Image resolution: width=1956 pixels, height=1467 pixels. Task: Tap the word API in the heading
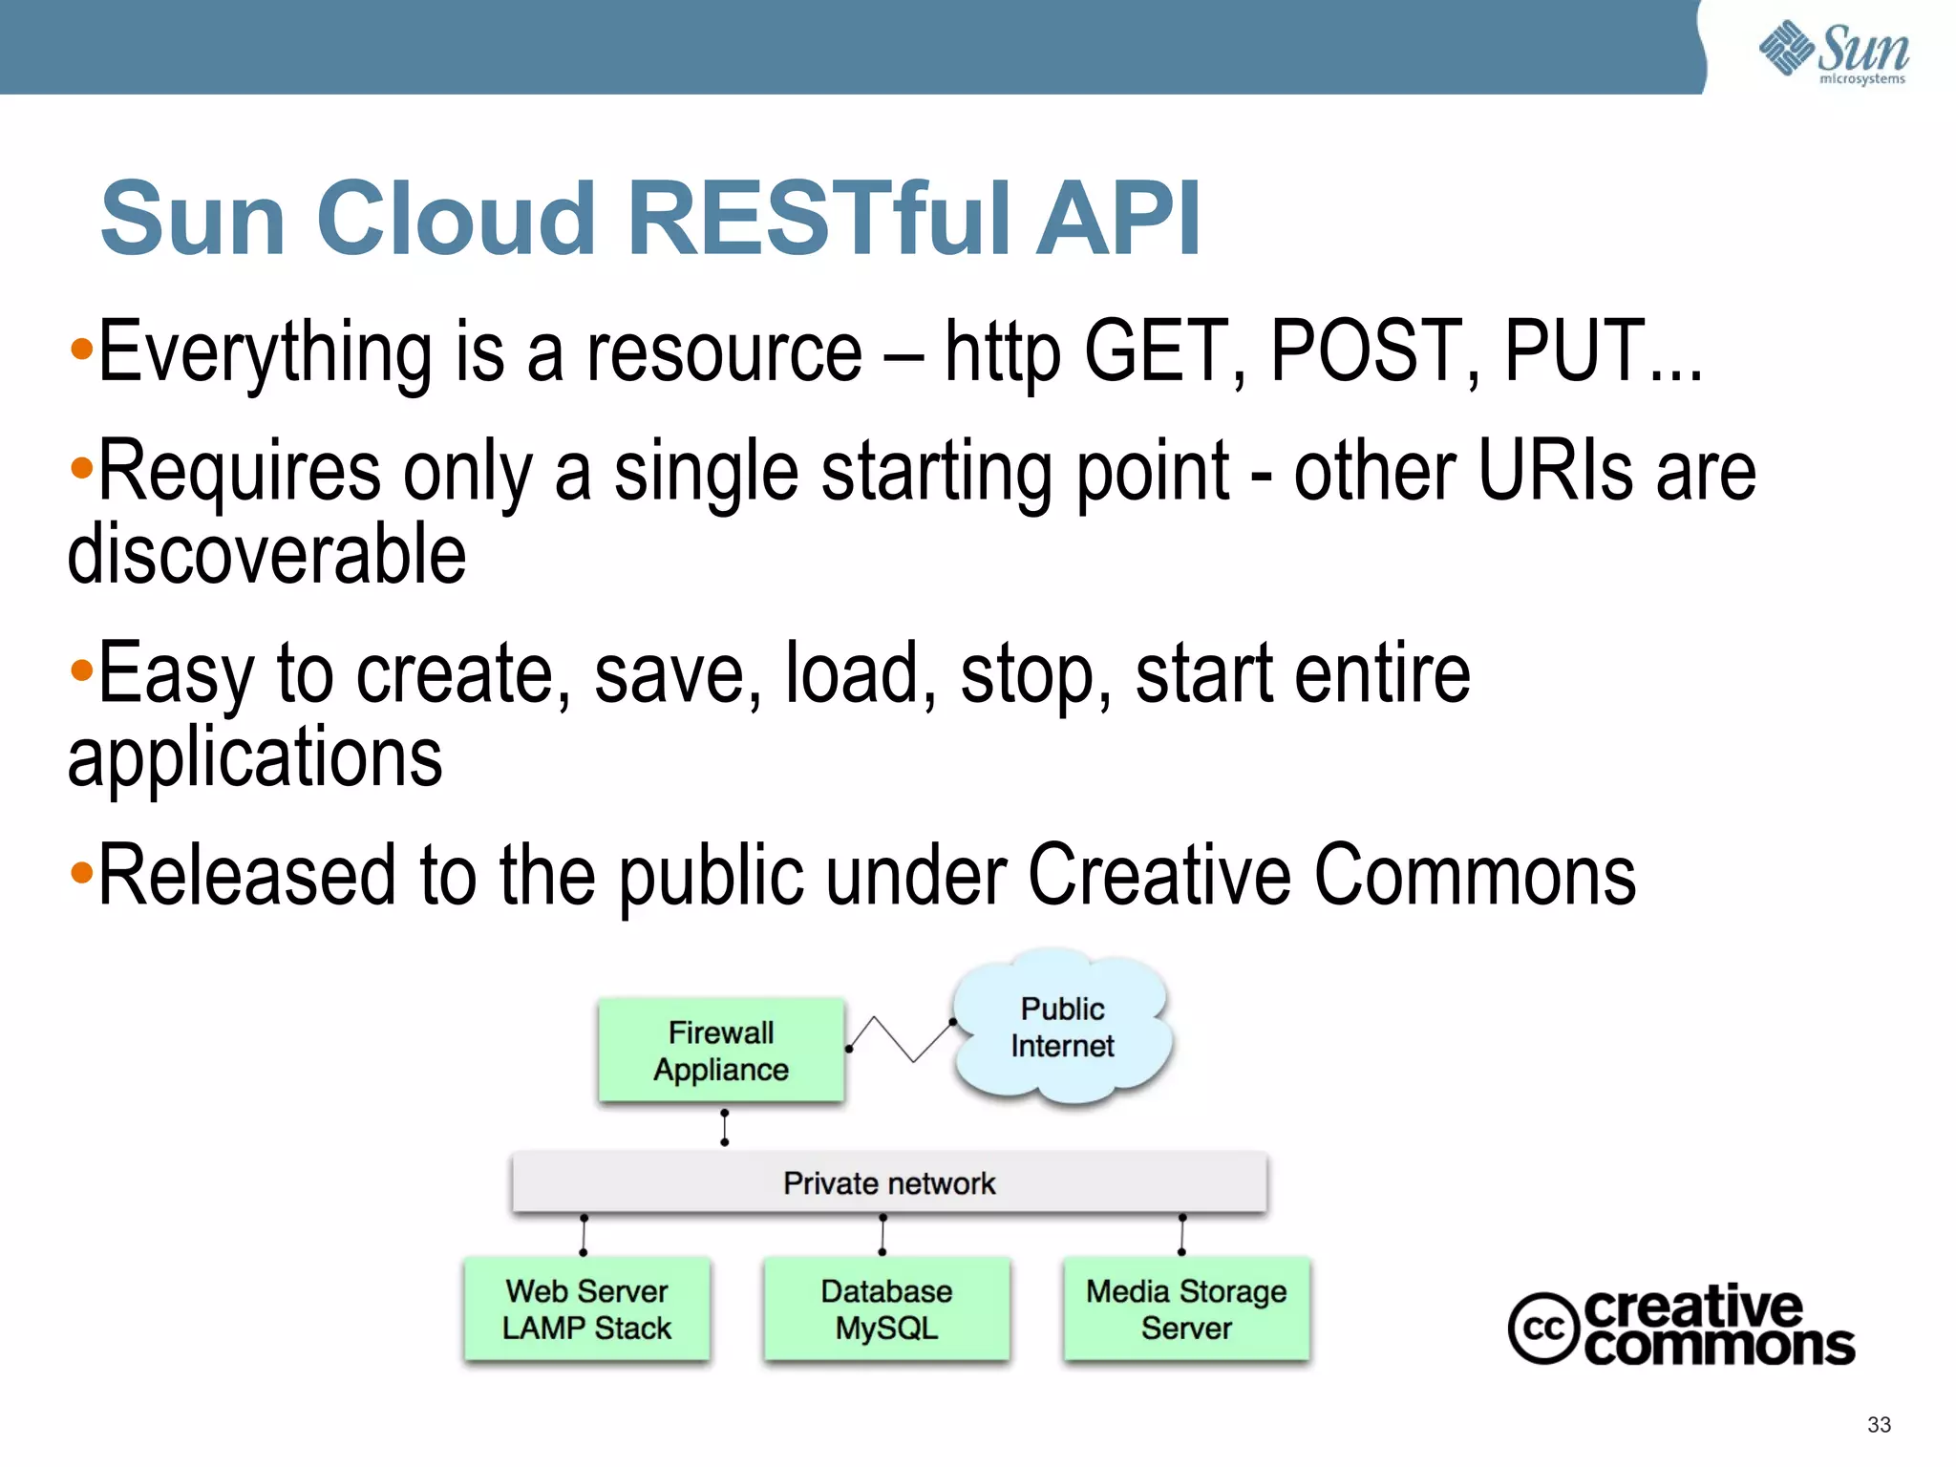coord(1118,219)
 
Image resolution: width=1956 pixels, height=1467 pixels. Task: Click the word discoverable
coord(266,555)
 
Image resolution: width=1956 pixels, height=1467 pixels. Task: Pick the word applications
coord(255,756)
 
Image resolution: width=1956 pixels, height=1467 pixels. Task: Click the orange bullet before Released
coord(82,871)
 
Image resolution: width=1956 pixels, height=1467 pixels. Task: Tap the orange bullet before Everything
coord(82,349)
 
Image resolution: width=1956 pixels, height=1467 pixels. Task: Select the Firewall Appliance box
coord(721,1051)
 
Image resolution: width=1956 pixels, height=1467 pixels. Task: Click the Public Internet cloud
coord(1062,1028)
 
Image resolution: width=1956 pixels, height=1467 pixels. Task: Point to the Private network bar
coord(889,1183)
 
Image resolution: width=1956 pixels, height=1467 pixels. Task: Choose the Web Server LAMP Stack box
coord(586,1309)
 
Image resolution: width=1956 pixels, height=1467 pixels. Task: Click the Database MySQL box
coord(886,1309)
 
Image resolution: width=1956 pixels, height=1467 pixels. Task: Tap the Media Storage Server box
coord(1186,1309)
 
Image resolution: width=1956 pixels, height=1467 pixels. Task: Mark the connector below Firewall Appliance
coord(725,1128)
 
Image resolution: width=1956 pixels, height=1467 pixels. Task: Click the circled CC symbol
coord(1541,1329)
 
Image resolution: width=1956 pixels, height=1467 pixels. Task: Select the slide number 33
coord(1879,1425)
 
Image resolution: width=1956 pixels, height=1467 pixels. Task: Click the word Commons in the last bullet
coord(1475,876)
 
